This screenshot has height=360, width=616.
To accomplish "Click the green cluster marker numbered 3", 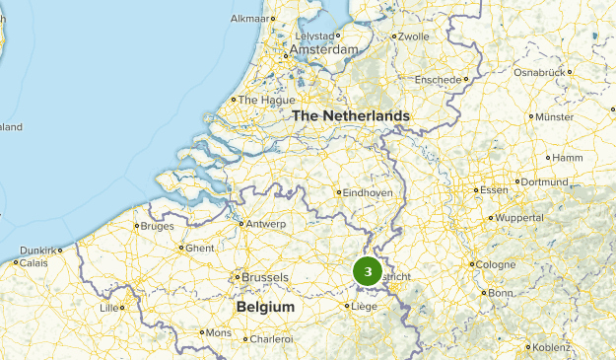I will pos(368,271).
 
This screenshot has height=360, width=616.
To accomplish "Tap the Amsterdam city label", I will pos(323,49).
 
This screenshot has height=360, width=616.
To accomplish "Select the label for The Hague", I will pos(261,100).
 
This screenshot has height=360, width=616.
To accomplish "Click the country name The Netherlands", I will pos(350,116).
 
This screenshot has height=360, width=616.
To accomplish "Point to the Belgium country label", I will pos(265,308).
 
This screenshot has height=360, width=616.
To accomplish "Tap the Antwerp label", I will pos(266,224).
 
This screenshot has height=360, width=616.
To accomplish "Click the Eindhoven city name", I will pos(370,192).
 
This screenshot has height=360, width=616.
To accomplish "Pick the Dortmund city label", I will pos(544,181).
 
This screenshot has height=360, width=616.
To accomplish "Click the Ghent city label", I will pos(199,249).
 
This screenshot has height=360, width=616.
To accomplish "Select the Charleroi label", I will pos(272,339).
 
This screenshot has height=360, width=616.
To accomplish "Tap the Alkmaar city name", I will pos(248,18).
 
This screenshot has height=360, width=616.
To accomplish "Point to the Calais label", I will pos(34,263).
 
